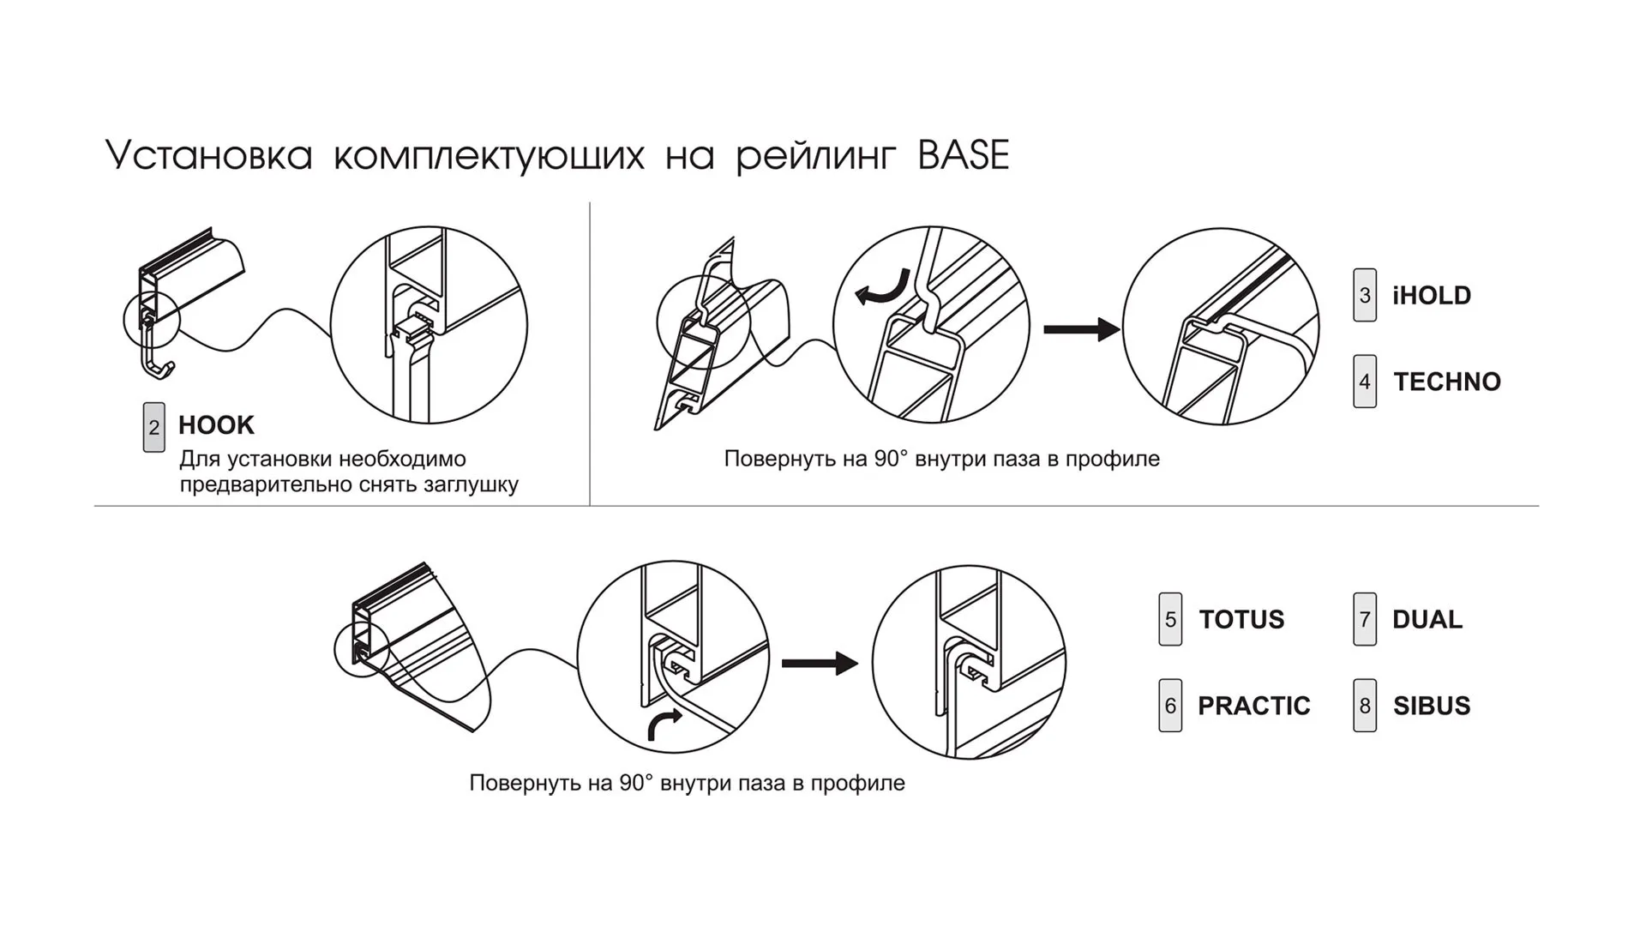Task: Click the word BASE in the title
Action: (963, 155)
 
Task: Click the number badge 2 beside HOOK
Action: (153, 427)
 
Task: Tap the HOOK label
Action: (216, 425)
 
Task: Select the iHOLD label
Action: (1431, 296)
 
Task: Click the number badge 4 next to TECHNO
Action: (1364, 382)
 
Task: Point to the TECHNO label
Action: (1446, 382)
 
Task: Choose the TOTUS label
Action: (1241, 619)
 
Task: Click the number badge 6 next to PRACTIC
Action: (1169, 706)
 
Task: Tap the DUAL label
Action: (1427, 619)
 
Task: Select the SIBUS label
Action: (1431, 706)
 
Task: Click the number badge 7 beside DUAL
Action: (1364, 619)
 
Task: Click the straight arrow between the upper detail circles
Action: (1080, 329)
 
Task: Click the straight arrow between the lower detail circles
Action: (819, 663)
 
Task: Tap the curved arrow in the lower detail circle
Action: (664, 724)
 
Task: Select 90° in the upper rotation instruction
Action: (890, 459)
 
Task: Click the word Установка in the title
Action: (208, 156)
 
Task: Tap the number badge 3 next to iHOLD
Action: (1364, 296)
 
